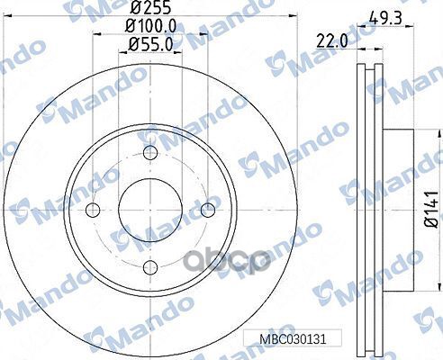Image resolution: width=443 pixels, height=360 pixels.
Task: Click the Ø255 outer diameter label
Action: click(x=150, y=7)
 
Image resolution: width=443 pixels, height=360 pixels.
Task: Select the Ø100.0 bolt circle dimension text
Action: click(x=150, y=26)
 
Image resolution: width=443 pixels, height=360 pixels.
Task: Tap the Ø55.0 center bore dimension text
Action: click(x=150, y=45)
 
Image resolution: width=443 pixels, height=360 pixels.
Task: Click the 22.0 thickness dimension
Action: click(x=332, y=40)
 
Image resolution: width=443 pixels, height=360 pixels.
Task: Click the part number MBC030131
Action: click(x=293, y=339)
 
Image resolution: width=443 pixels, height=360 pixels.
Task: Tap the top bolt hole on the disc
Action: click(x=150, y=152)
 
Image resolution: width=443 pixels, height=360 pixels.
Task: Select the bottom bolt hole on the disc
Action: click(x=150, y=268)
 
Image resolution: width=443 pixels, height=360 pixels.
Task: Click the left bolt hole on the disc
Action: click(x=93, y=210)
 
